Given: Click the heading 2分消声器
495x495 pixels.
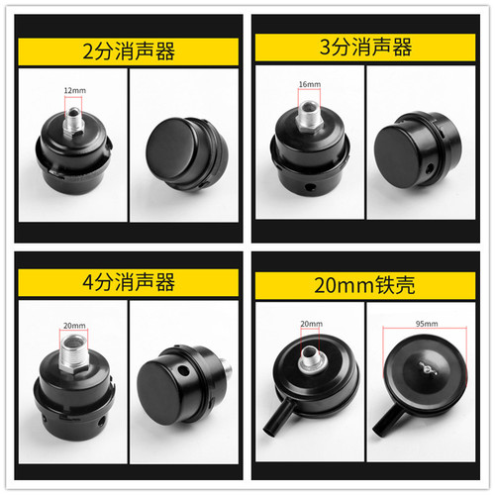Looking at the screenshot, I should click(x=123, y=50).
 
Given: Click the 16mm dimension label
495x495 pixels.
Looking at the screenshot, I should click(x=308, y=86).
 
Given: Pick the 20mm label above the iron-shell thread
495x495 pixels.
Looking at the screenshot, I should click(x=310, y=324).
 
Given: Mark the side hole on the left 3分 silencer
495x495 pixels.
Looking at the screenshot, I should click(x=306, y=186).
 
